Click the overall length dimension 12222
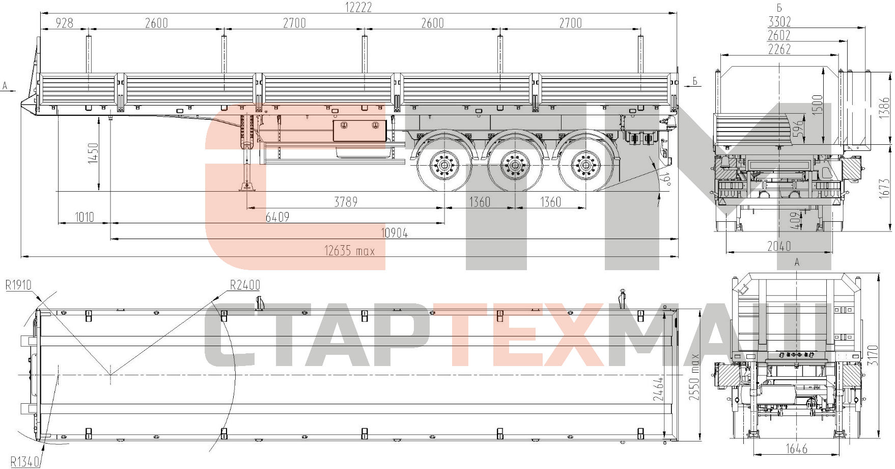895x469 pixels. coord(358,7)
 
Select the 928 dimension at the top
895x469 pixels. coord(65,23)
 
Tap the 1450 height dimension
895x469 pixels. coord(93,153)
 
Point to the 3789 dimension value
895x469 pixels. coord(346,202)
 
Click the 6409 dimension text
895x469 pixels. coord(277,217)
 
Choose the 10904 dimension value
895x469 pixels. coord(395,233)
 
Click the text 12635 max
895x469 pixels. coord(350,251)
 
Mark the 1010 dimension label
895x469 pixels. coord(85,217)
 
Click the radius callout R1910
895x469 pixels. coord(18,285)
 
